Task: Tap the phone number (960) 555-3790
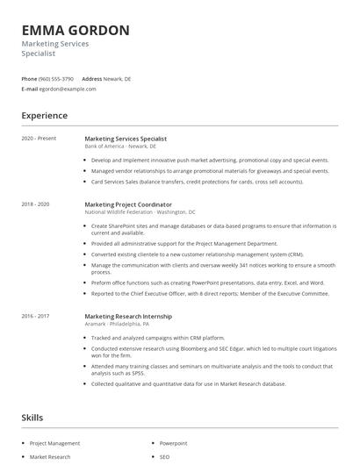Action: point(56,78)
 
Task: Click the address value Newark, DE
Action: point(118,78)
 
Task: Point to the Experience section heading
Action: point(44,116)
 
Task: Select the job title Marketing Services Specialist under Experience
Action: point(126,139)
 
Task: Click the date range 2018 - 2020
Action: point(36,204)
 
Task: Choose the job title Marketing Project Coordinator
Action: point(127,204)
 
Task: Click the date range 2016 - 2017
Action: point(36,316)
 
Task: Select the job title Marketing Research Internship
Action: point(128,316)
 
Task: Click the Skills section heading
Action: point(33,418)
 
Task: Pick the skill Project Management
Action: point(54,444)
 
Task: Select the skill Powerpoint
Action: point(174,444)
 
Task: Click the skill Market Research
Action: point(50,457)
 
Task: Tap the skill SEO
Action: point(164,457)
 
